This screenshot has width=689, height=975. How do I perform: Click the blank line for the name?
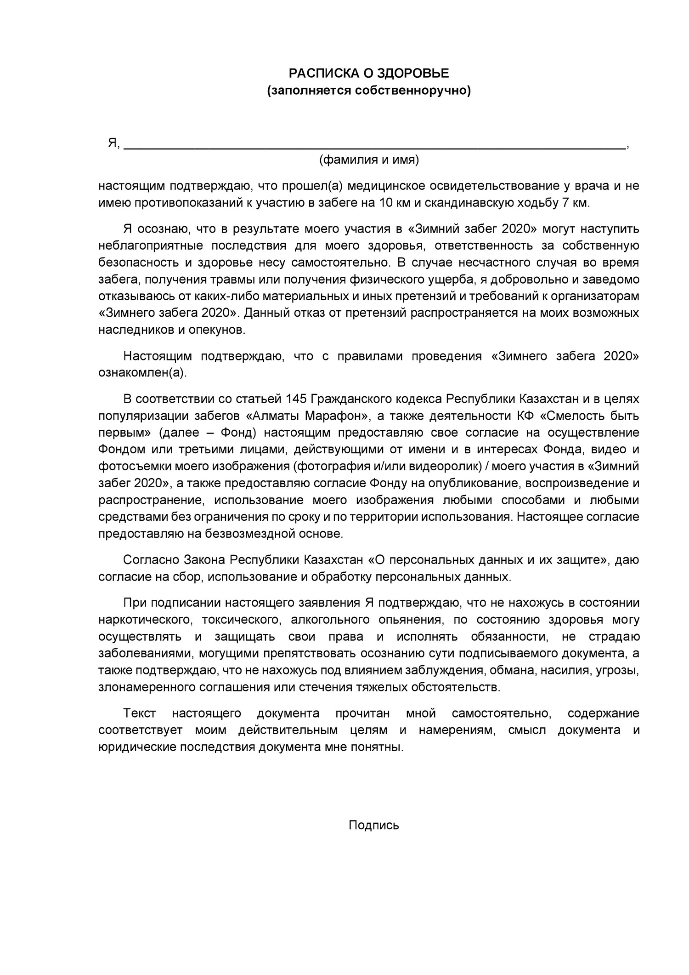tap(374, 146)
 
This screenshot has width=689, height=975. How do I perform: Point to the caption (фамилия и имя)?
tap(369, 160)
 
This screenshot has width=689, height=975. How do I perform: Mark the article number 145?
tap(296, 398)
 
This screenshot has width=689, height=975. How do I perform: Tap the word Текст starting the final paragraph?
tap(140, 713)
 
